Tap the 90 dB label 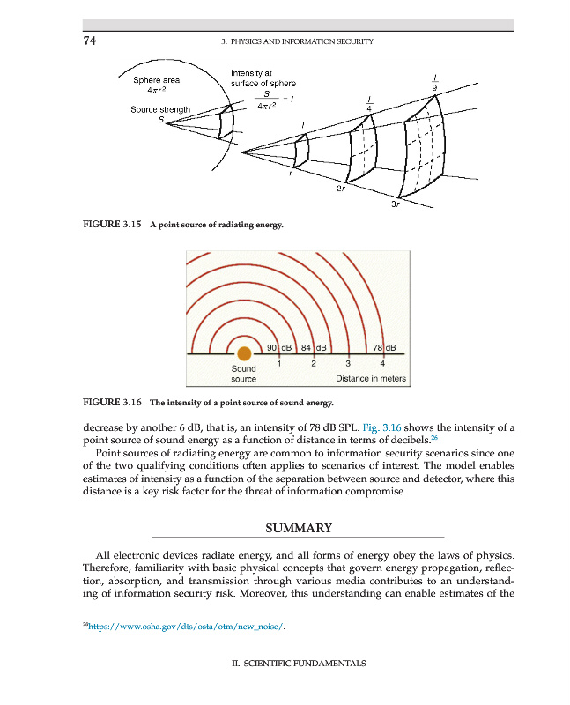pyautogui.click(x=278, y=346)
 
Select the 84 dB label pyautogui.click(x=314, y=346)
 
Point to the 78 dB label pyautogui.click(x=386, y=346)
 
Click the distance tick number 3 pyautogui.click(x=348, y=363)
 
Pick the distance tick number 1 pyautogui.click(x=278, y=363)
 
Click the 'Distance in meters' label pyautogui.click(x=371, y=379)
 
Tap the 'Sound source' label pyautogui.click(x=243, y=374)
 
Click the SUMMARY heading pyautogui.click(x=298, y=528)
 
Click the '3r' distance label pyautogui.click(x=396, y=205)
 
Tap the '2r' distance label pyautogui.click(x=341, y=189)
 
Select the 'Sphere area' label pyautogui.click(x=157, y=80)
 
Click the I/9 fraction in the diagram pyautogui.click(x=435, y=81)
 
